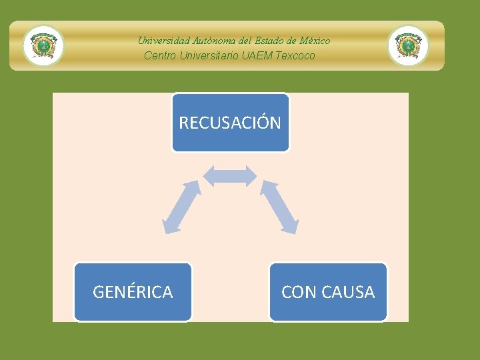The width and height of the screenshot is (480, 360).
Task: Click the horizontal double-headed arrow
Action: coord(229,175)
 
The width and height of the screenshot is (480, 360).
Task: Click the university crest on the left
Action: coord(44,46)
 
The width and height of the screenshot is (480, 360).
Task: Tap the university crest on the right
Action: coord(408,46)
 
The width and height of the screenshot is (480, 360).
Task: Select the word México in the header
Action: coord(315,41)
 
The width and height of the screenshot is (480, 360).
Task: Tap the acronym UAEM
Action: coord(255,55)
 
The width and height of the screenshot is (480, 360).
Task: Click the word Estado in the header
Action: coord(266,41)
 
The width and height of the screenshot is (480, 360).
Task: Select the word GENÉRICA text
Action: coord(133,292)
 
